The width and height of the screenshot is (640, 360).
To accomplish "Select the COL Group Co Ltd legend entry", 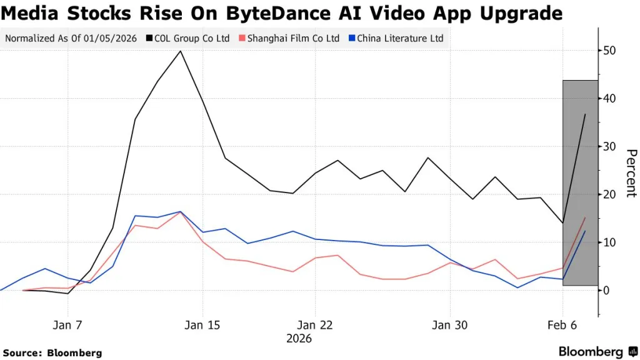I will (x=191, y=38).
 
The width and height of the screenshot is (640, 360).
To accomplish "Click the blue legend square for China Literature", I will (x=352, y=38).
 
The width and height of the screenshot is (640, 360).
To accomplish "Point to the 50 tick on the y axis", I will (x=608, y=51).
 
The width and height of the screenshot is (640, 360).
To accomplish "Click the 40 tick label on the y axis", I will (x=608, y=99).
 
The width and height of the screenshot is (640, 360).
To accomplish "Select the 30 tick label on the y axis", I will (x=608, y=146).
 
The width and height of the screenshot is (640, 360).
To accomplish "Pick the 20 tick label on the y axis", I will (x=608, y=194).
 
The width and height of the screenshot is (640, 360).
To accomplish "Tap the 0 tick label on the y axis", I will (x=605, y=290).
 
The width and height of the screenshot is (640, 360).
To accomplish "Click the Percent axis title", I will (x=631, y=173).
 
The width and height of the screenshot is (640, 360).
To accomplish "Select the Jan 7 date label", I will (x=67, y=325).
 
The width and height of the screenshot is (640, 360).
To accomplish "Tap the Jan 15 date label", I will (x=203, y=325).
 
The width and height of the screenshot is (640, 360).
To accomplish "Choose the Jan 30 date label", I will (x=449, y=325).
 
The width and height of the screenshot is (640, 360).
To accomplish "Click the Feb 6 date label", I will (x=563, y=325).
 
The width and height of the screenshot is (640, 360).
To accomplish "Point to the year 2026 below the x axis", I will (x=299, y=339).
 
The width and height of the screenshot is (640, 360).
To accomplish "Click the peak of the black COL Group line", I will (x=181, y=51).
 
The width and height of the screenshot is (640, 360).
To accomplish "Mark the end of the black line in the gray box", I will (x=585, y=114).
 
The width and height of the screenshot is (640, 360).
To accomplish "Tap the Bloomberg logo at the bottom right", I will (x=597, y=352).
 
